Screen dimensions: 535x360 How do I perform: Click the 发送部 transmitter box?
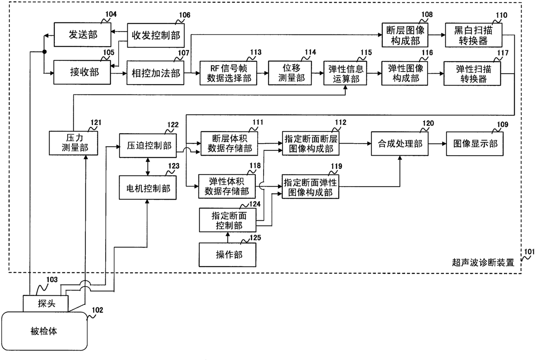point(82,34)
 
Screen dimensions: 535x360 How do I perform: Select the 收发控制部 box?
point(156,35)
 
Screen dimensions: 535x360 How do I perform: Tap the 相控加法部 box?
point(155,73)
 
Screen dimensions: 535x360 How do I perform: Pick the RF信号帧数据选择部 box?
point(228,73)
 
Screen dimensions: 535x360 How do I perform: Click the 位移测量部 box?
point(290,73)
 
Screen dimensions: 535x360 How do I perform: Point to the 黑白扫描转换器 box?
point(474,35)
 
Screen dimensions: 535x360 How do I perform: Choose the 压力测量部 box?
point(73,143)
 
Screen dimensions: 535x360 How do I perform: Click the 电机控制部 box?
point(148,188)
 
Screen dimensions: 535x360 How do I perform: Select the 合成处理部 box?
point(400,144)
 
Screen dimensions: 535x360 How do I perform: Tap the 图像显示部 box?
point(475,144)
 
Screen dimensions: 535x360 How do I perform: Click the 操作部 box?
point(228,255)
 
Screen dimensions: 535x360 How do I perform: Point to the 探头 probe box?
point(46,304)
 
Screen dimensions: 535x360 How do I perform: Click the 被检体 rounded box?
point(44,331)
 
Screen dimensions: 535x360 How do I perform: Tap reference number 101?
point(529,252)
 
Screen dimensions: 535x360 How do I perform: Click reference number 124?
point(255,204)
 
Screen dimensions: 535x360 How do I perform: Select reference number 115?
point(366,53)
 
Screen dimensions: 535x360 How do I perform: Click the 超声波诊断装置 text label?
point(483,263)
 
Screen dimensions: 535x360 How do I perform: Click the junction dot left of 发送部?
point(44,52)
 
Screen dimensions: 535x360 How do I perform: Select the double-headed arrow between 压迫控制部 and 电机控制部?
point(148,166)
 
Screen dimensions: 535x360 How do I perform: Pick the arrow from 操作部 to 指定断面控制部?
point(228,238)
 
